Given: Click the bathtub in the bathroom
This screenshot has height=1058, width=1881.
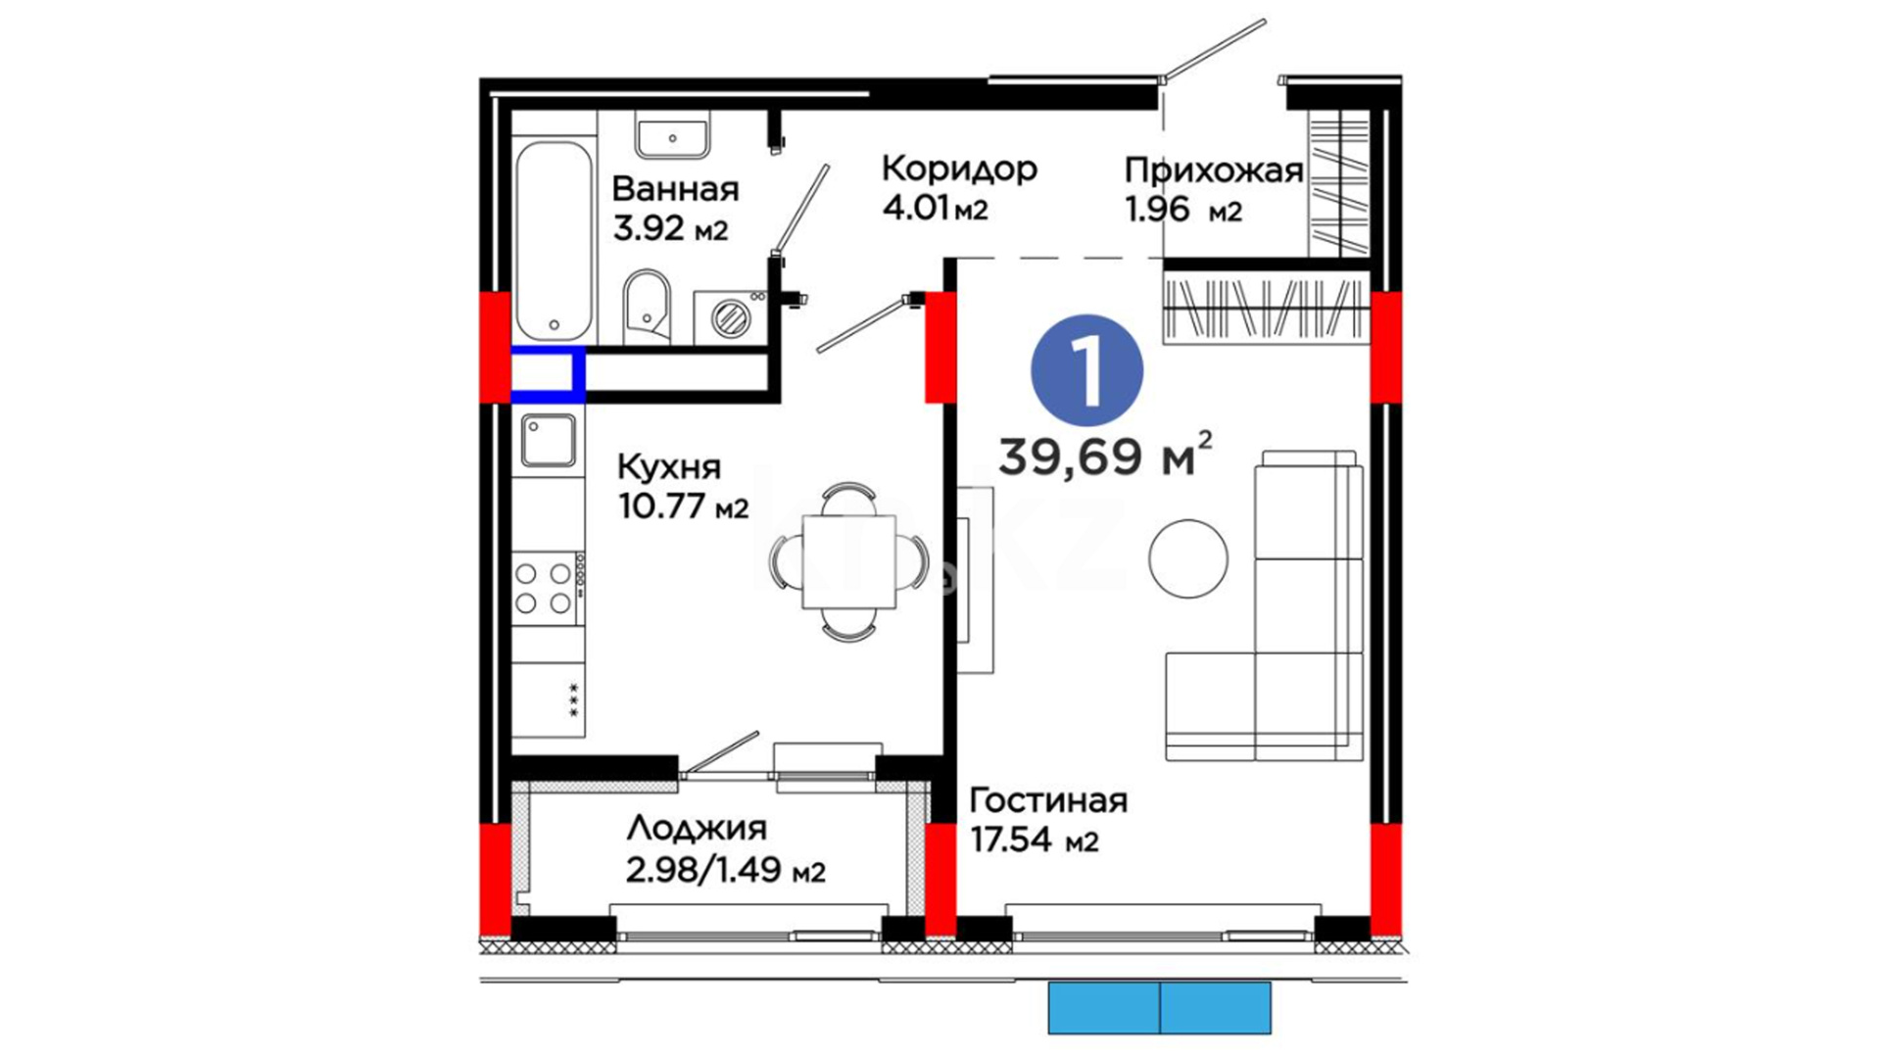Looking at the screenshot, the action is (555, 241).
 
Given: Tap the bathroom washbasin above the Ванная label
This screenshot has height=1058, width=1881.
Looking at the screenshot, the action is (672, 137).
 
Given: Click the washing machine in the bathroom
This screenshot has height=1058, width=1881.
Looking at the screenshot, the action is (730, 316).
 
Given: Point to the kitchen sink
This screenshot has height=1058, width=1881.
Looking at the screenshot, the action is (549, 440).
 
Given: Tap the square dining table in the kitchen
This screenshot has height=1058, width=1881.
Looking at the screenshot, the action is (848, 561).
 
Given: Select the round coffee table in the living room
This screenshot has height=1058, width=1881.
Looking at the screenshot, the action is (1188, 558).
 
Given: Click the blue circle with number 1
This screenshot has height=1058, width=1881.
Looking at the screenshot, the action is (1086, 370).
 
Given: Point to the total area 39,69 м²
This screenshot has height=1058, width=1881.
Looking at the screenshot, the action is (1105, 455).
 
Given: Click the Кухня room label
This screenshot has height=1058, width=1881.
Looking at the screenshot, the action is (669, 467).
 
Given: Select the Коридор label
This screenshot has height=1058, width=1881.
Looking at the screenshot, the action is (959, 168).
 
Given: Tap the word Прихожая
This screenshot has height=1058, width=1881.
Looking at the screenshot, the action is (1214, 170).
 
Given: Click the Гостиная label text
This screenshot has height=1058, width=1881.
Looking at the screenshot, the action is (1048, 800).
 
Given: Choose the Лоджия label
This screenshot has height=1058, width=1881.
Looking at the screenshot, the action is (697, 829).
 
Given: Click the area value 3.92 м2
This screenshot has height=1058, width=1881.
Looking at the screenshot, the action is (670, 228).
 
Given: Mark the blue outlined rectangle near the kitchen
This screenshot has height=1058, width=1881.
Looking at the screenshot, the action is (549, 374).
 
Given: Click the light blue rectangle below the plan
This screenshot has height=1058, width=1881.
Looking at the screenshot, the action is (1160, 1007).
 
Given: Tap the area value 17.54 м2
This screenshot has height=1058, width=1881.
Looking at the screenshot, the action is (1034, 841).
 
